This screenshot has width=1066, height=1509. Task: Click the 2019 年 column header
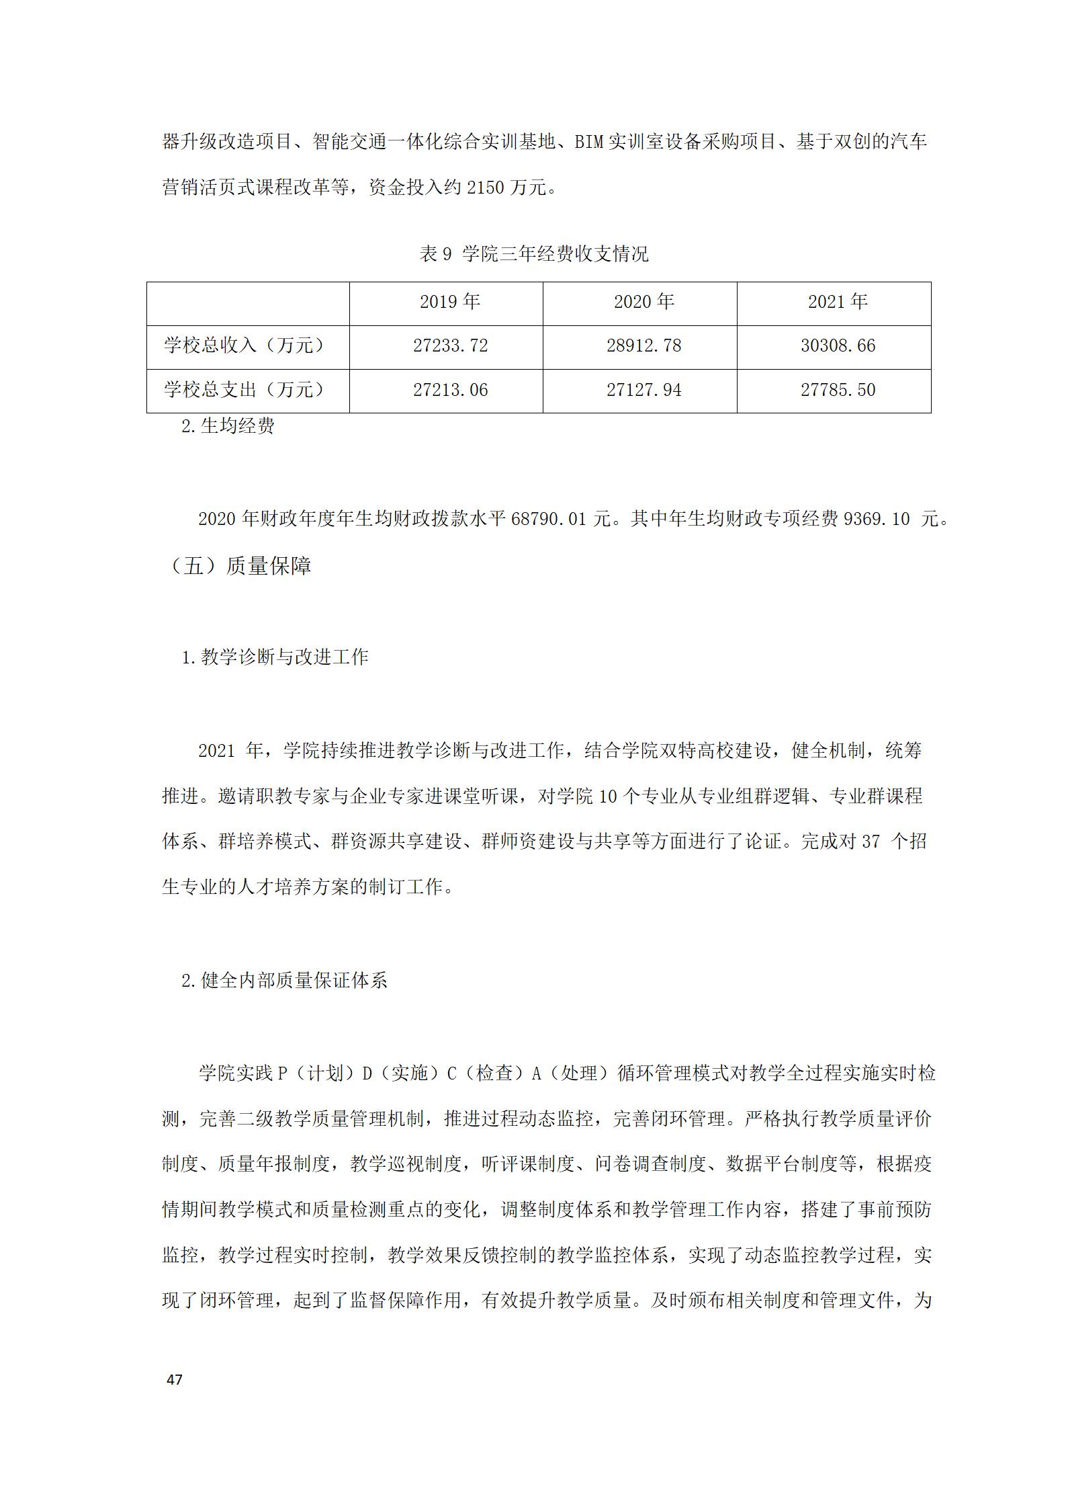point(449,302)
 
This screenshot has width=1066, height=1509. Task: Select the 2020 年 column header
point(643,302)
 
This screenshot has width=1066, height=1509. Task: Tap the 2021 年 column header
point(838,302)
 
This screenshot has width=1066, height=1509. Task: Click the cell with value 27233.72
point(450,346)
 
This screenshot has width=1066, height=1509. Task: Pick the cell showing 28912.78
point(643,346)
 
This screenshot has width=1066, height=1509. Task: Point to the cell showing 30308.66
point(838,346)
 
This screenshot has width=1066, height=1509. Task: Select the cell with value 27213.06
point(450,391)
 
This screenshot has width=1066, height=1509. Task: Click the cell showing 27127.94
point(643,391)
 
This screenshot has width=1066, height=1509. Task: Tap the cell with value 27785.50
point(838,391)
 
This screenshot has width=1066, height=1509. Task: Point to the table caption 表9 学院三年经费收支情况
point(534,254)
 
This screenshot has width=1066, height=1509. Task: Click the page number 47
point(174,1380)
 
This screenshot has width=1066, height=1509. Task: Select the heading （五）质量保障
point(238,566)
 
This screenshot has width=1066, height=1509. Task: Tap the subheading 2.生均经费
point(228,426)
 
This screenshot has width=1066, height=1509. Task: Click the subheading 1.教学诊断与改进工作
point(275,657)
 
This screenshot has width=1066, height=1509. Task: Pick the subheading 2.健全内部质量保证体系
point(284,981)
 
